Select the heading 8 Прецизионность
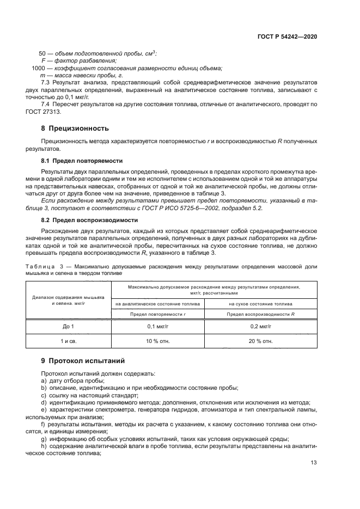[x=75, y=128]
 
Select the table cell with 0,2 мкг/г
[x=261, y=326]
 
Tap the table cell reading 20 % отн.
[x=261, y=341]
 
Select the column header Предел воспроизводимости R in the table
[x=261, y=315]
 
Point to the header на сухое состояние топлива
[x=261, y=304]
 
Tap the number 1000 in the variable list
[x=38, y=68]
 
